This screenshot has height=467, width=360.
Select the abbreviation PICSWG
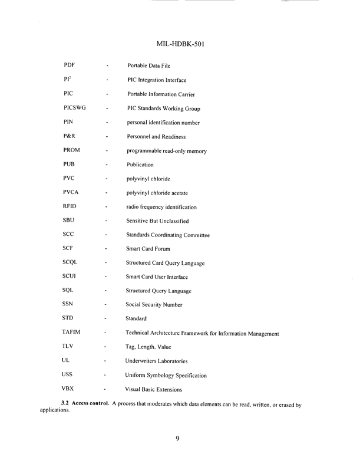pyautogui.click(x=74, y=108)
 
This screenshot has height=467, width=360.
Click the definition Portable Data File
pyautogui.click(x=151, y=65)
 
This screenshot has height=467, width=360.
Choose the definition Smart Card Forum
pyautogui.click(x=152, y=249)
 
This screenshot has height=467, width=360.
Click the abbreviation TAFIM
pyautogui.click(x=73, y=333)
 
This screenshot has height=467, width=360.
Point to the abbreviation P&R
pyautogui.click(x=70, y=136)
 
